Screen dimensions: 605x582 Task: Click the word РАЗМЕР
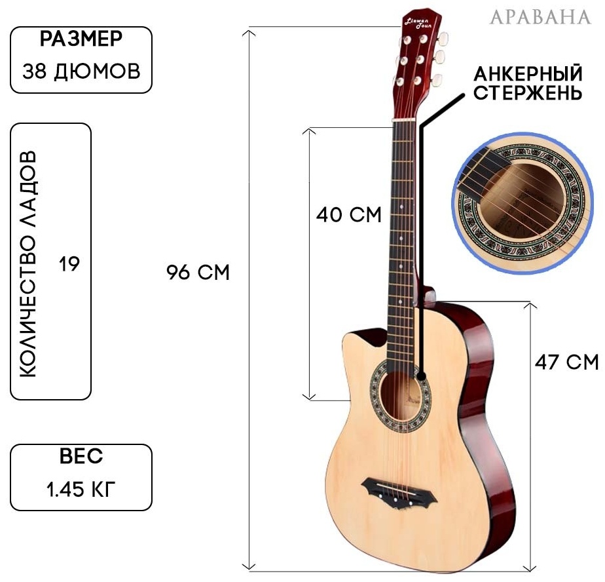point(81,39)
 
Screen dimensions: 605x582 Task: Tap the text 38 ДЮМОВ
point(81,71)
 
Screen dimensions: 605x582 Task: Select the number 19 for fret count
point(69,264)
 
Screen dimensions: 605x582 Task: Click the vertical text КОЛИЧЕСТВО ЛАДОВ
point(27,263)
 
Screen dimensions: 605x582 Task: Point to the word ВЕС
point(81,456)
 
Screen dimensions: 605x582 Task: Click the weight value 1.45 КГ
point(81,490)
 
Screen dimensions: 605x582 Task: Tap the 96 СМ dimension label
point(198,273)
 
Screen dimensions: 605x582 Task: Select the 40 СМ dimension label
point(349,215)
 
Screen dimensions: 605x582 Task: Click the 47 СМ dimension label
point(566,362)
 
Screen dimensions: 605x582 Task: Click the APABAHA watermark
point(540,17)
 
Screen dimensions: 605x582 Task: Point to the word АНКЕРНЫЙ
point(528,73)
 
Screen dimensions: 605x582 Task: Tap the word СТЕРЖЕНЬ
point(528,92)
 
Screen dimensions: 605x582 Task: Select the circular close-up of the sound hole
point(522,203)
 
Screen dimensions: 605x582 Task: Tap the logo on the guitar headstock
point(418,23)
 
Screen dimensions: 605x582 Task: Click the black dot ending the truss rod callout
point(422,376)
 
